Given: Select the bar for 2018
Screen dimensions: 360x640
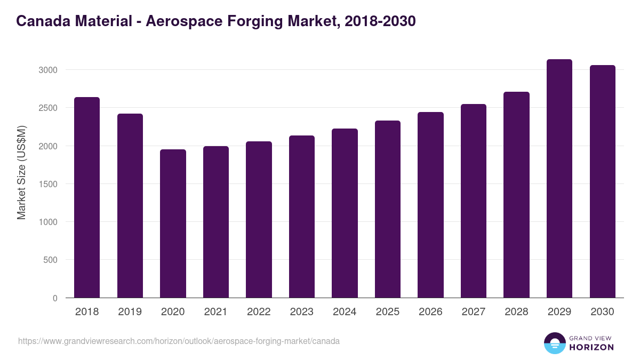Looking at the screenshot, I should point(87,197).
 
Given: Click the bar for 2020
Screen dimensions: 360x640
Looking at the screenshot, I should point(173,223).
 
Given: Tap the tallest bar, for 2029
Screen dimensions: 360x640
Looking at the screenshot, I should point(559,179).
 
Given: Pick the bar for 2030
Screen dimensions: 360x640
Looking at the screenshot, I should point(602,181).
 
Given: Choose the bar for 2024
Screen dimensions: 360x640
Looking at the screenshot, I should point(345,213).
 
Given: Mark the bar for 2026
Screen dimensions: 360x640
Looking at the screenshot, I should point(430,205).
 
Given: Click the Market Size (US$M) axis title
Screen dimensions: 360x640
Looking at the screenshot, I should point(21,172).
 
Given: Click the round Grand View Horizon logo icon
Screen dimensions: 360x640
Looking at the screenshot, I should point(554,343).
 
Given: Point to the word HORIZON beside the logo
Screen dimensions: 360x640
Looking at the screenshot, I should point(591,347).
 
